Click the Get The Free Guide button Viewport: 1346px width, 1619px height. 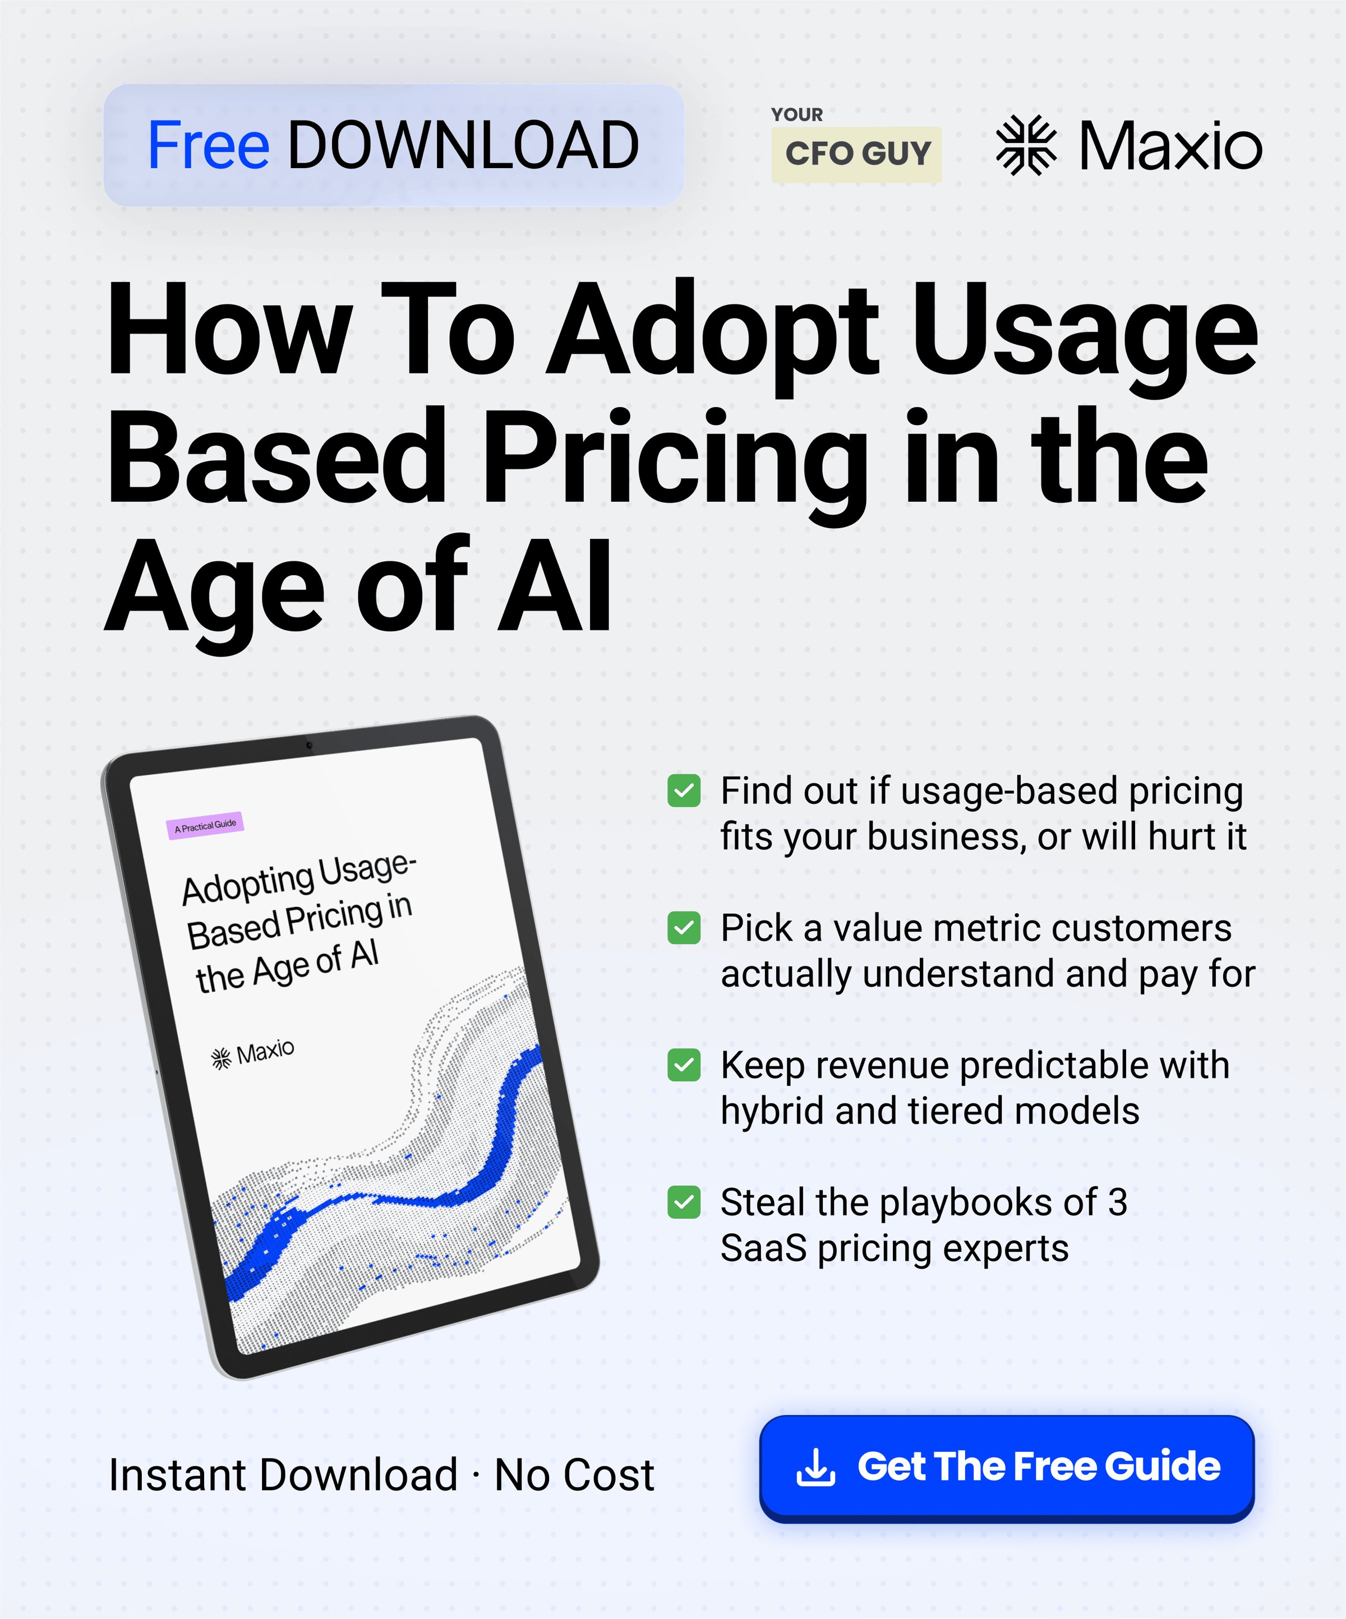click(x=1007, y=1469)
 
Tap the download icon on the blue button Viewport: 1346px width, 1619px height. click(x=815, y=1467)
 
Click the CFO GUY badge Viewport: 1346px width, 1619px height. click(x=856, y=154)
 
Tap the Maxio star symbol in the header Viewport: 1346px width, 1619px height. click(x=1026, y=145)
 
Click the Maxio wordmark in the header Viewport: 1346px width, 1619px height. click(x=1170, y=146)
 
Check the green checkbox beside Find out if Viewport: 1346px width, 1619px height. click(x=684, y=790)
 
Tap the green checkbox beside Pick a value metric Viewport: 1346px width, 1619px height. click(x=684, y=927)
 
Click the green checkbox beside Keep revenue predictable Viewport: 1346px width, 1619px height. click(x=684, y=1065)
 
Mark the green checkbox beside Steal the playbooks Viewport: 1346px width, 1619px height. click(x=684, y=1202)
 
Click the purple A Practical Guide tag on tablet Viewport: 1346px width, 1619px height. click(x=205, y=826)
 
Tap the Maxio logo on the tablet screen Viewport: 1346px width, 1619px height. click(x=252, y=1054)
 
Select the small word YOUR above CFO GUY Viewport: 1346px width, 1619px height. click(x=797, y=115)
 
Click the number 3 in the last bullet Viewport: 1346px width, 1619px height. click(x=1118, y=1202)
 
